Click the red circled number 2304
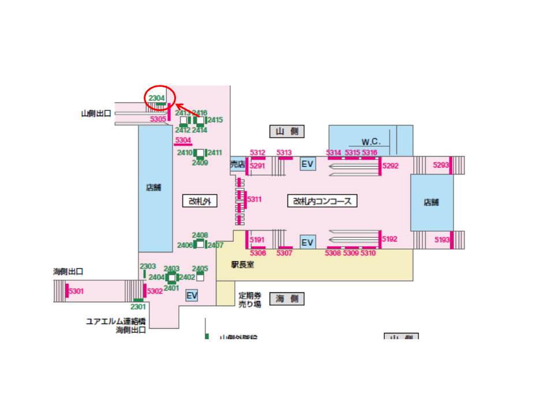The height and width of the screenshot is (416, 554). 157,98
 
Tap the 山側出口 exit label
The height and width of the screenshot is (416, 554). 96,114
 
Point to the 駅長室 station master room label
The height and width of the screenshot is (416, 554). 243,265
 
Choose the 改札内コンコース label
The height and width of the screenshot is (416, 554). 322,201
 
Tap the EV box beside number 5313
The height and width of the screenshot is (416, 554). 308,165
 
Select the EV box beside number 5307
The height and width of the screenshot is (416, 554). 308,242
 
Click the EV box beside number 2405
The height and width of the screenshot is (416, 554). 192,296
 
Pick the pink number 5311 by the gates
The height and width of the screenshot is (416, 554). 254,200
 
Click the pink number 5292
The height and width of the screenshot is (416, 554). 391,165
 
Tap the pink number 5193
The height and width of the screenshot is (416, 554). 442,240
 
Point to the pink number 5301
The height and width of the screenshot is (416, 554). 76,291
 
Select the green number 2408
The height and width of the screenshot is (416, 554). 200,235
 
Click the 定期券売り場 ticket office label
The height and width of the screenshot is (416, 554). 250,299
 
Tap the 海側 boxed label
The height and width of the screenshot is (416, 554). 287,299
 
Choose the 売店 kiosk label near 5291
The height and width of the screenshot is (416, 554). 238,165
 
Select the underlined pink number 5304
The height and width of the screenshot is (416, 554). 183,140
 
